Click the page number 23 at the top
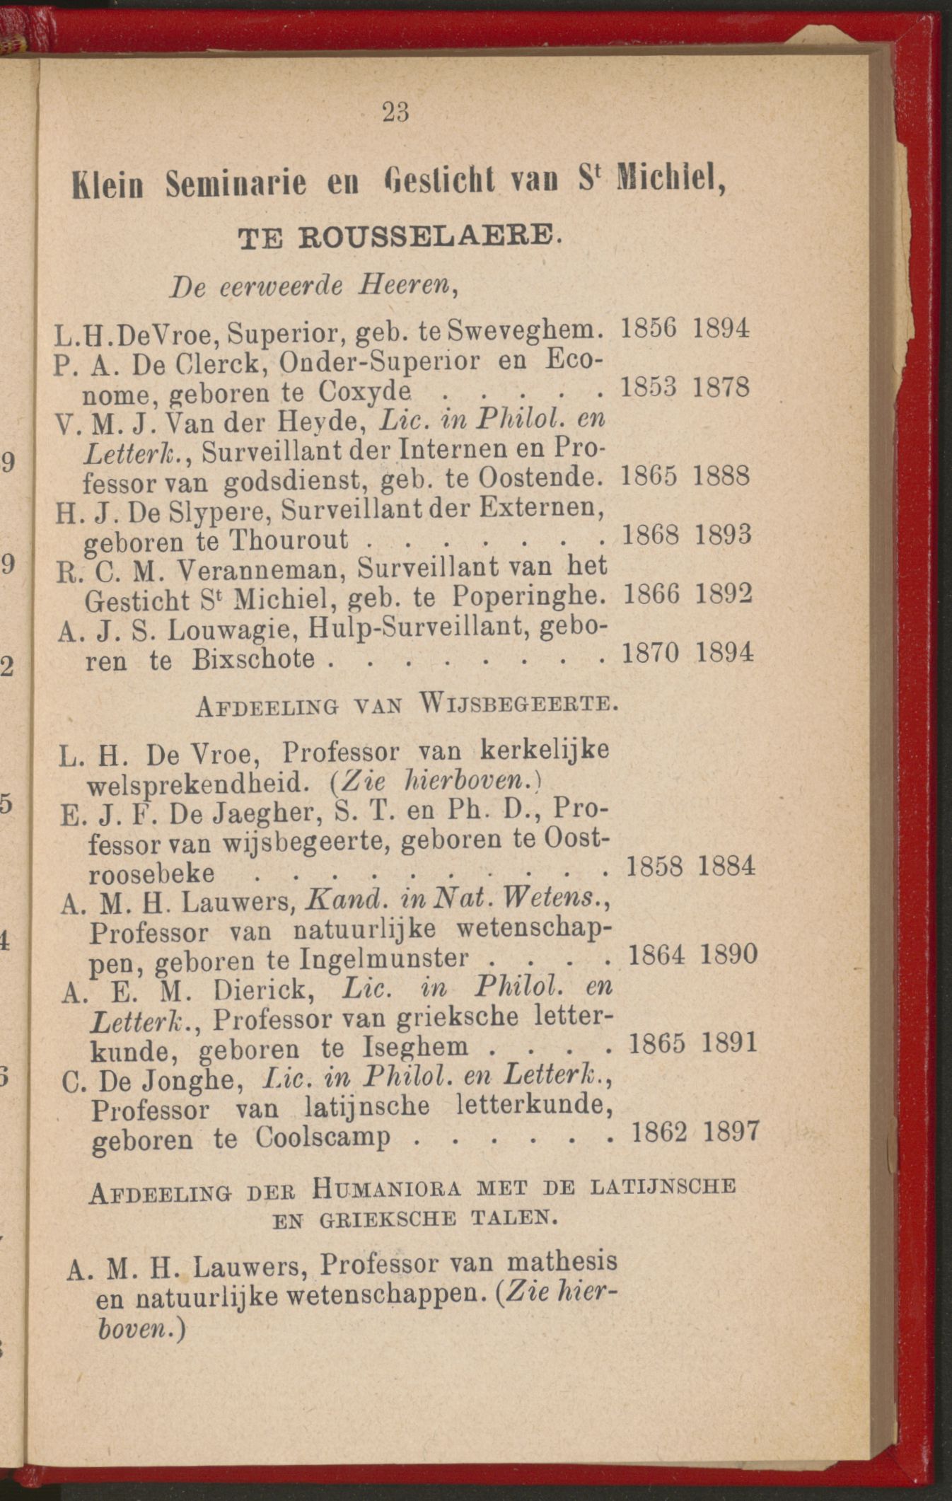tap(396, 112)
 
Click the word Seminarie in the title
tap(236, 185)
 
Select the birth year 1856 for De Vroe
tap(649, 328)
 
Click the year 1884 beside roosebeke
tap(726, 866)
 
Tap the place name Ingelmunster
tap(384, 959)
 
